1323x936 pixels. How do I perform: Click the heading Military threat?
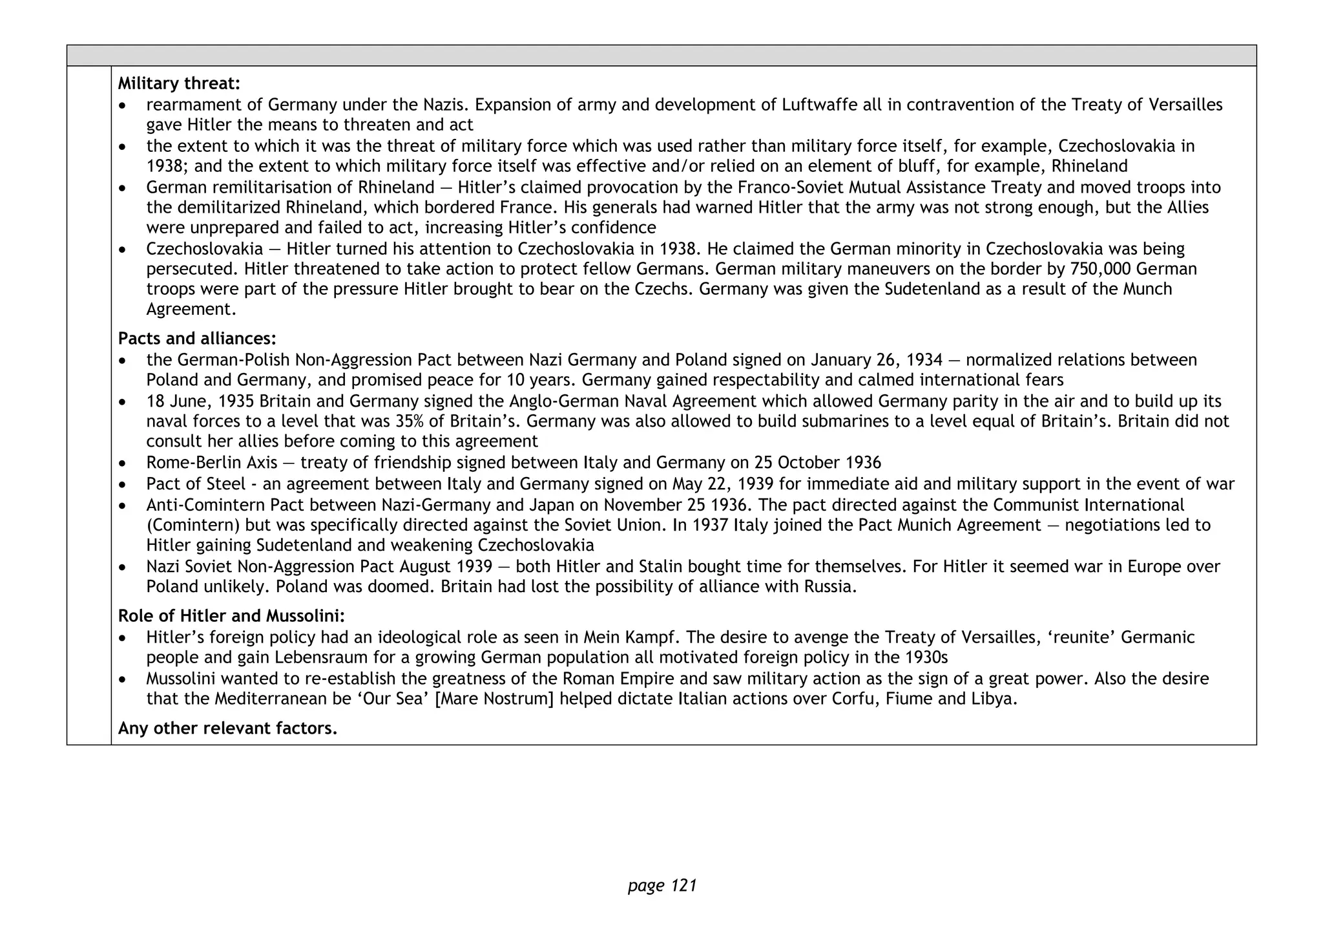click(x=179, y=83)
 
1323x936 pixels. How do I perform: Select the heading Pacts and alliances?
click(x=197, y=339)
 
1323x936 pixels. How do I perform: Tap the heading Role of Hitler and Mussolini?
click(x=231, y=616)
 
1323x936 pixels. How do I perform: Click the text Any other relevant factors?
click(x=227, y=729)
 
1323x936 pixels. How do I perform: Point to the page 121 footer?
click(x=662, y=885)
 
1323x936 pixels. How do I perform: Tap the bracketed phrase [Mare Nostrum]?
click(x=495, y=699)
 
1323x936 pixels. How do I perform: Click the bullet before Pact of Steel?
click(x=123, y=485)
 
